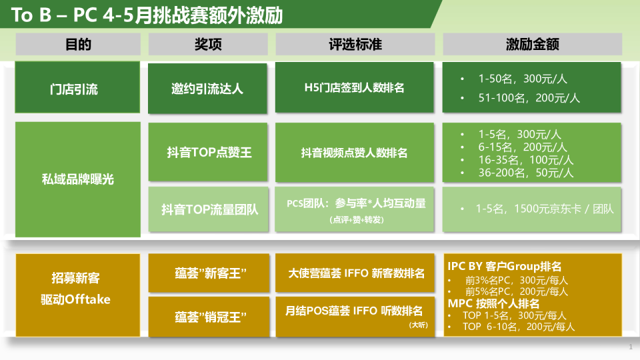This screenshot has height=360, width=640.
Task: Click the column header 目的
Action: (78, 44)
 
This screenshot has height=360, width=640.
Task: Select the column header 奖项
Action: (208, 44)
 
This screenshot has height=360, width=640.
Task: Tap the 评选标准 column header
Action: (355, 44)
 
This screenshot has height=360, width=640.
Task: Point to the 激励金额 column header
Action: (532, 44)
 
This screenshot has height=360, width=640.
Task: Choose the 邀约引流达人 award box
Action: (207, 88)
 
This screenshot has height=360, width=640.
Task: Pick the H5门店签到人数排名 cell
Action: (354, 87)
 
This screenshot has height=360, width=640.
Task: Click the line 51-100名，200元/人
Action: (529, 98)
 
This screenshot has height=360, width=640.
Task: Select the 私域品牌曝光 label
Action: (77, 179)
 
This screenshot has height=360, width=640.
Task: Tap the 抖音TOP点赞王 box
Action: (208, 152)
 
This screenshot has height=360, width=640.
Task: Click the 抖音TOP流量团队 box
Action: (209, 209)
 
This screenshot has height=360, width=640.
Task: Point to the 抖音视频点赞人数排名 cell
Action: (354, 152)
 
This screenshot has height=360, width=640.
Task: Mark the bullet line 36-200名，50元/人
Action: (526, 173)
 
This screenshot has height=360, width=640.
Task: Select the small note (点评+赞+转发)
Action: (356, 219)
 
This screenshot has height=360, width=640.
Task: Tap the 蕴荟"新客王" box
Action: (209, 273)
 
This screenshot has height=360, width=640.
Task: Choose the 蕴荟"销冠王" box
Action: (209, 317)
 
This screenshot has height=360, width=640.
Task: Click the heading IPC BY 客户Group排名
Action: (505, 267)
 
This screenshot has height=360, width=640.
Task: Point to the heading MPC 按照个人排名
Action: (493, 304)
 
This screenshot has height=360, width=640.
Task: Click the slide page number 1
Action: (631, 347)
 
